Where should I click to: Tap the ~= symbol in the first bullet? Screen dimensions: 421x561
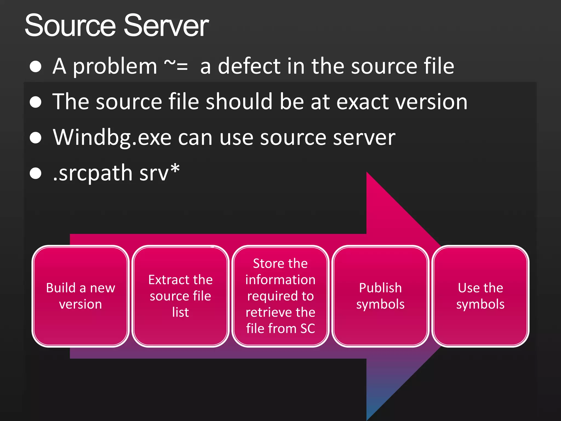[176, 66]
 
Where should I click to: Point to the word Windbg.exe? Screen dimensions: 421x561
[112, 138]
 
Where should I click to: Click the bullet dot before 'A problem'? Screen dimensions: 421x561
[36, 67]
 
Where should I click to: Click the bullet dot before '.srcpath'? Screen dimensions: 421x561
[36, 173]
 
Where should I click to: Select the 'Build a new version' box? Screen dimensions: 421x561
[81, 296]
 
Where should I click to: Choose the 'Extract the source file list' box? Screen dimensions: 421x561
[181, 296]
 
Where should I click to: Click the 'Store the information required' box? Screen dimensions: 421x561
[280, 296]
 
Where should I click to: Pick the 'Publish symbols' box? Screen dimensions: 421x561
[380, 296]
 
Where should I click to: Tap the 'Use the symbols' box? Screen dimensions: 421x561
[480, 296]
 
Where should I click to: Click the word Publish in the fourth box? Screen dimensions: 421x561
[380, 288]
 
